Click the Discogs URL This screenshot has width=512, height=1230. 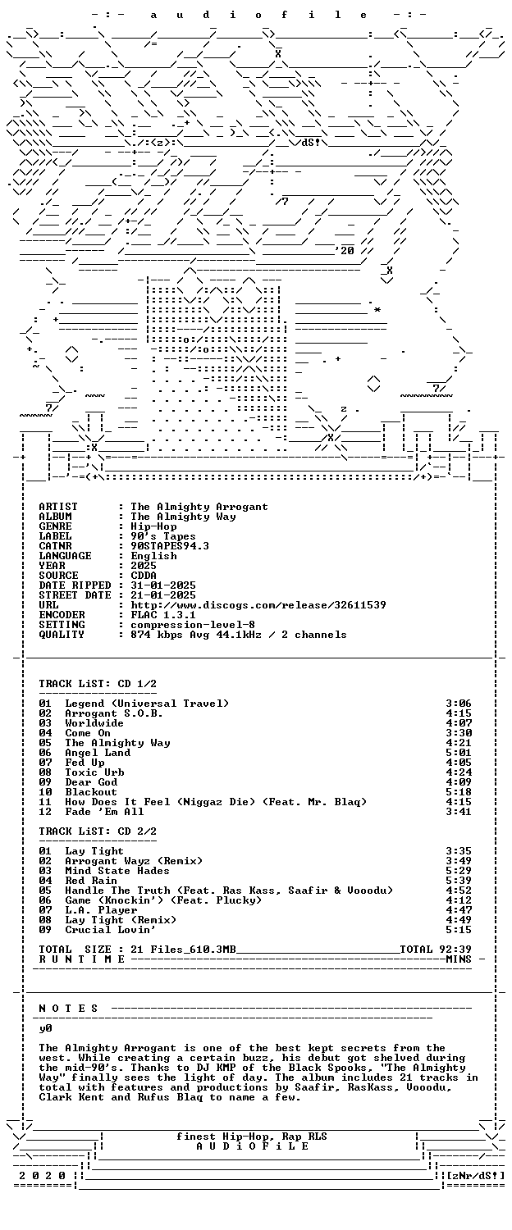click(x=258, y=605)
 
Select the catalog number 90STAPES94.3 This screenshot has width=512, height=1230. click(x=170, y=546)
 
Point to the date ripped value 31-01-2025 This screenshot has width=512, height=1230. click(x=163, y=585)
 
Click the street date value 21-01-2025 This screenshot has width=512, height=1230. click(x=163, y=595)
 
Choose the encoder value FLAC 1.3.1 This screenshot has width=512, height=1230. click(x=163, y=615)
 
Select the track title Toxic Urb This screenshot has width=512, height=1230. click(x=94, y=772)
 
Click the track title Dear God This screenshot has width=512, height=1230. click(x=91, y=782)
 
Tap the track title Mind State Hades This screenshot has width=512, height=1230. click(x=117, y=871)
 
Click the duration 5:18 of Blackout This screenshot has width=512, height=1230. click(x=459, y=792)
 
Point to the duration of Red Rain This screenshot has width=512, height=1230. click(x=459, y=881)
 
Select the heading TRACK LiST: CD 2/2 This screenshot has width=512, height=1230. click(x=98, y=831)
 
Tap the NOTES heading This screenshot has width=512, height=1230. click(x=68, y=1009)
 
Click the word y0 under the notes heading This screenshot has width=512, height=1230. click(x=46, y=1028)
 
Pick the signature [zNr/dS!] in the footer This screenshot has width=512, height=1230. click(x=476, y=1176)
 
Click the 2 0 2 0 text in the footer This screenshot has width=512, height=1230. click(x=43, y=1176)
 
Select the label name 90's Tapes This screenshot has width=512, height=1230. click(x=163, y=536)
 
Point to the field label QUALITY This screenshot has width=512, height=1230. click(x=62, y=635)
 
